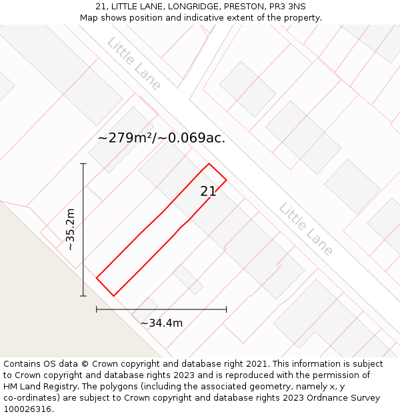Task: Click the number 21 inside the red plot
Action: pos(208,192)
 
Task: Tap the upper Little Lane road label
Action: pos(133,63)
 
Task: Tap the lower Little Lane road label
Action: pos(305,229)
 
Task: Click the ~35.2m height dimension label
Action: pos(71,230)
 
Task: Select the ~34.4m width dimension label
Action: pos(161,323)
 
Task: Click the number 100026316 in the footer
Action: pos(26,409)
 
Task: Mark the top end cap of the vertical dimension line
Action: pos(83,163)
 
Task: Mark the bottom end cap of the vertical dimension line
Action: pos(83,296)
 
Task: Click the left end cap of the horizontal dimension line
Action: pos(97,309)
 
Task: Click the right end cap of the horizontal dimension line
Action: pos(227,309)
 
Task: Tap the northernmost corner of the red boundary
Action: pos(209,164)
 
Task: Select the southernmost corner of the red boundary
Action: pos(113,296)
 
